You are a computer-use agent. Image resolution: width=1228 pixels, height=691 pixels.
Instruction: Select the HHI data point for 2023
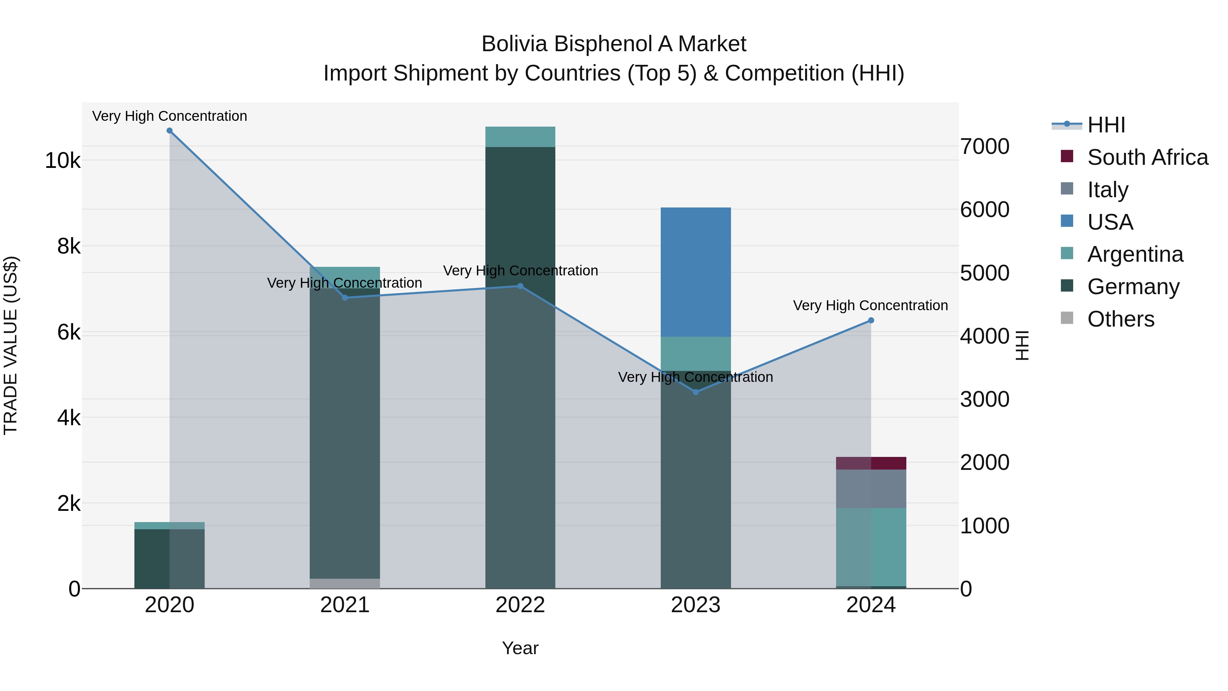(x=696, y=392)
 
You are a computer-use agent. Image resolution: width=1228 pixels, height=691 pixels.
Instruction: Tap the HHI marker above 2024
(x=871, y=320)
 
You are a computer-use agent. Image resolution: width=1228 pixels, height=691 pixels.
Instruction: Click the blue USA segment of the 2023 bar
(x=696, y=272)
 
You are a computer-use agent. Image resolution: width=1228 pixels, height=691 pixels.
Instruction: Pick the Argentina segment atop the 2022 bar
(x=520, y=137)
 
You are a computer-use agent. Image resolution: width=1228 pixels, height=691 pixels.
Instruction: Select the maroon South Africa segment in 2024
(x=871, y=463)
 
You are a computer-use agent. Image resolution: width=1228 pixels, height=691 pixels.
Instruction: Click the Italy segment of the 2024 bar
(x=871, y=489)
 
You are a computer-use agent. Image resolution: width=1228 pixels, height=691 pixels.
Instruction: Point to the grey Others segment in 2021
(x=345, y=583)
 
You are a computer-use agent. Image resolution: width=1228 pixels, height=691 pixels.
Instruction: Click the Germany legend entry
(x=1133, y=287)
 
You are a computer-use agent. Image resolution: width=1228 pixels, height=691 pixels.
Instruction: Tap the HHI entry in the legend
(x=1106, y=125)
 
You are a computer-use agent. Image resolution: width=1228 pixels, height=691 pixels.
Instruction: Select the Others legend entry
(x=1120, y=319)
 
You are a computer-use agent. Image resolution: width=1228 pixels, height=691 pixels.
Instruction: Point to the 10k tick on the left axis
(x=62, y=161)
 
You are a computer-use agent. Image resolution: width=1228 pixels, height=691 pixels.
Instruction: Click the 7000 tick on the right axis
(x=984, y=146)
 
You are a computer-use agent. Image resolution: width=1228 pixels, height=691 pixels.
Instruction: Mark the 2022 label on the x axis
(x=520, y=605)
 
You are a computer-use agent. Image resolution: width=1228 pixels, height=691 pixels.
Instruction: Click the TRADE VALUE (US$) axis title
(x=11, y=345)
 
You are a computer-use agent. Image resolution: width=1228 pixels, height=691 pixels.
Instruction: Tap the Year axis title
(x=520, y=648)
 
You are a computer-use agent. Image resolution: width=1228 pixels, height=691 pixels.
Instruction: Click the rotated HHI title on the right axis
(x=1022, y=345)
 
